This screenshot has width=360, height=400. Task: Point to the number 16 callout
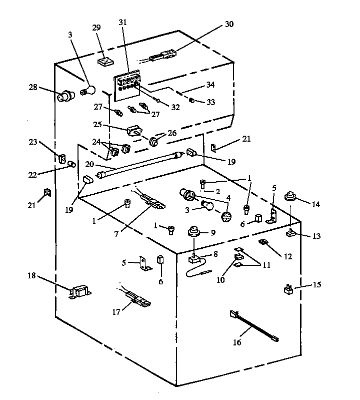click(x=236, y=342)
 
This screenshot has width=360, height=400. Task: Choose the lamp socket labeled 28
click(x=65, y=96)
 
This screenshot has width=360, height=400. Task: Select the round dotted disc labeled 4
click(x=226, y=217)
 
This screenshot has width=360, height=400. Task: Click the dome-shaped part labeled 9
click(x=193, y=233)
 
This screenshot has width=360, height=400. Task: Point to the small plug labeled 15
click(x=289, y=289)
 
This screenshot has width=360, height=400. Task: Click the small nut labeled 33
click(x=191, y=101)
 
